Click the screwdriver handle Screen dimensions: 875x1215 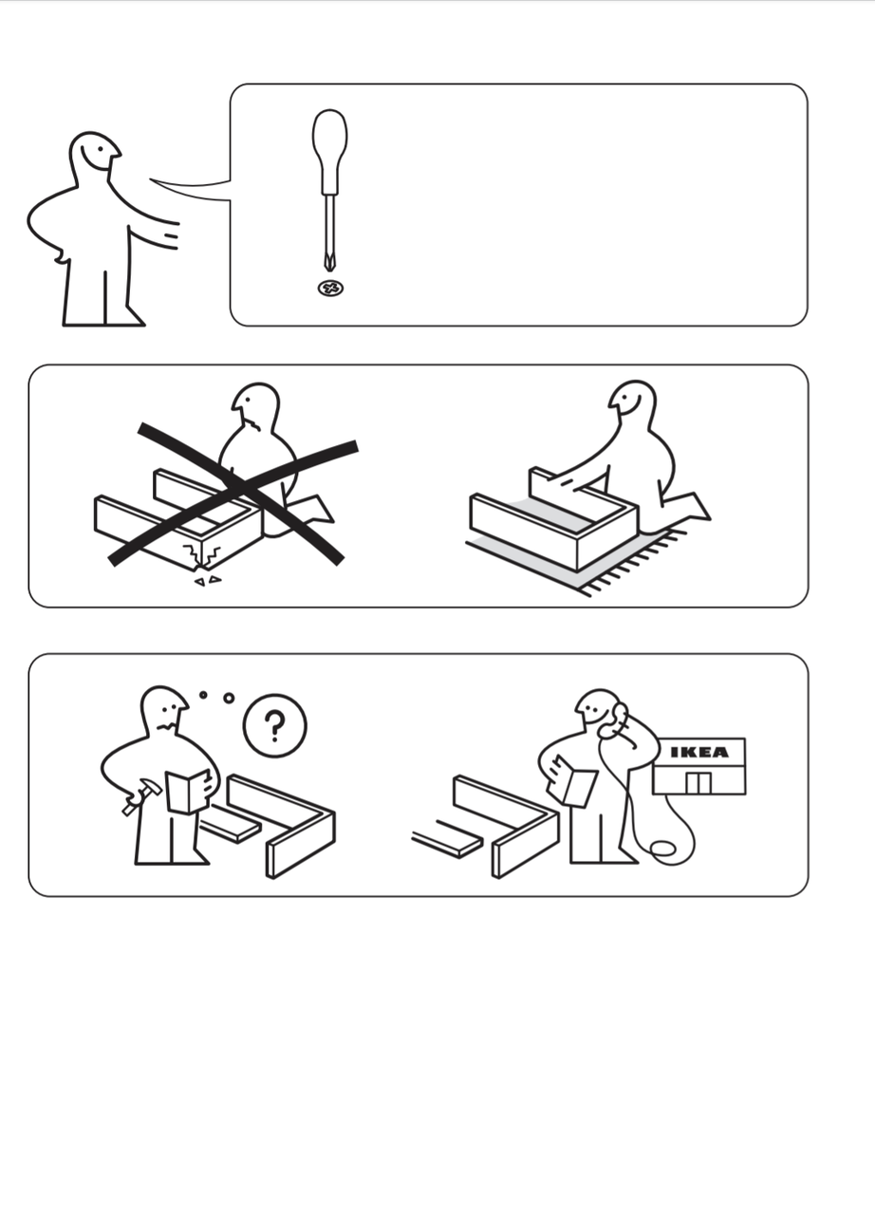[x=329, y=152]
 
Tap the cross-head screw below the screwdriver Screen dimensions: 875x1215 [x=330, y=288]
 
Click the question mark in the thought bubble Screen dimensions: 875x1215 [x=275, y=726]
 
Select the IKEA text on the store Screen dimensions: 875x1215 [x=699, y=752]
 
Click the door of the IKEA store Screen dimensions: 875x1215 [x=698, y=783]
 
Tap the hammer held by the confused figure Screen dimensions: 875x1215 [x=141, y=795]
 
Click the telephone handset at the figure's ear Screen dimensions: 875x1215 [x=615, y=720]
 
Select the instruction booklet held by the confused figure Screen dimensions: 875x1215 [x=187, y=792]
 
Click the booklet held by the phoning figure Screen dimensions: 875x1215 [x=572, y=780]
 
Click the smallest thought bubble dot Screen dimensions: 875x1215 [x=203, y=695]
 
